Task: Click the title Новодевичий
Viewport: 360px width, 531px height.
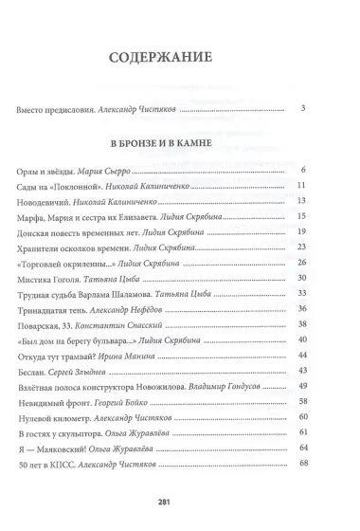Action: point(47,201)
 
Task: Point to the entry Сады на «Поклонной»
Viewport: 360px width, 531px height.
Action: point(59,186)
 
